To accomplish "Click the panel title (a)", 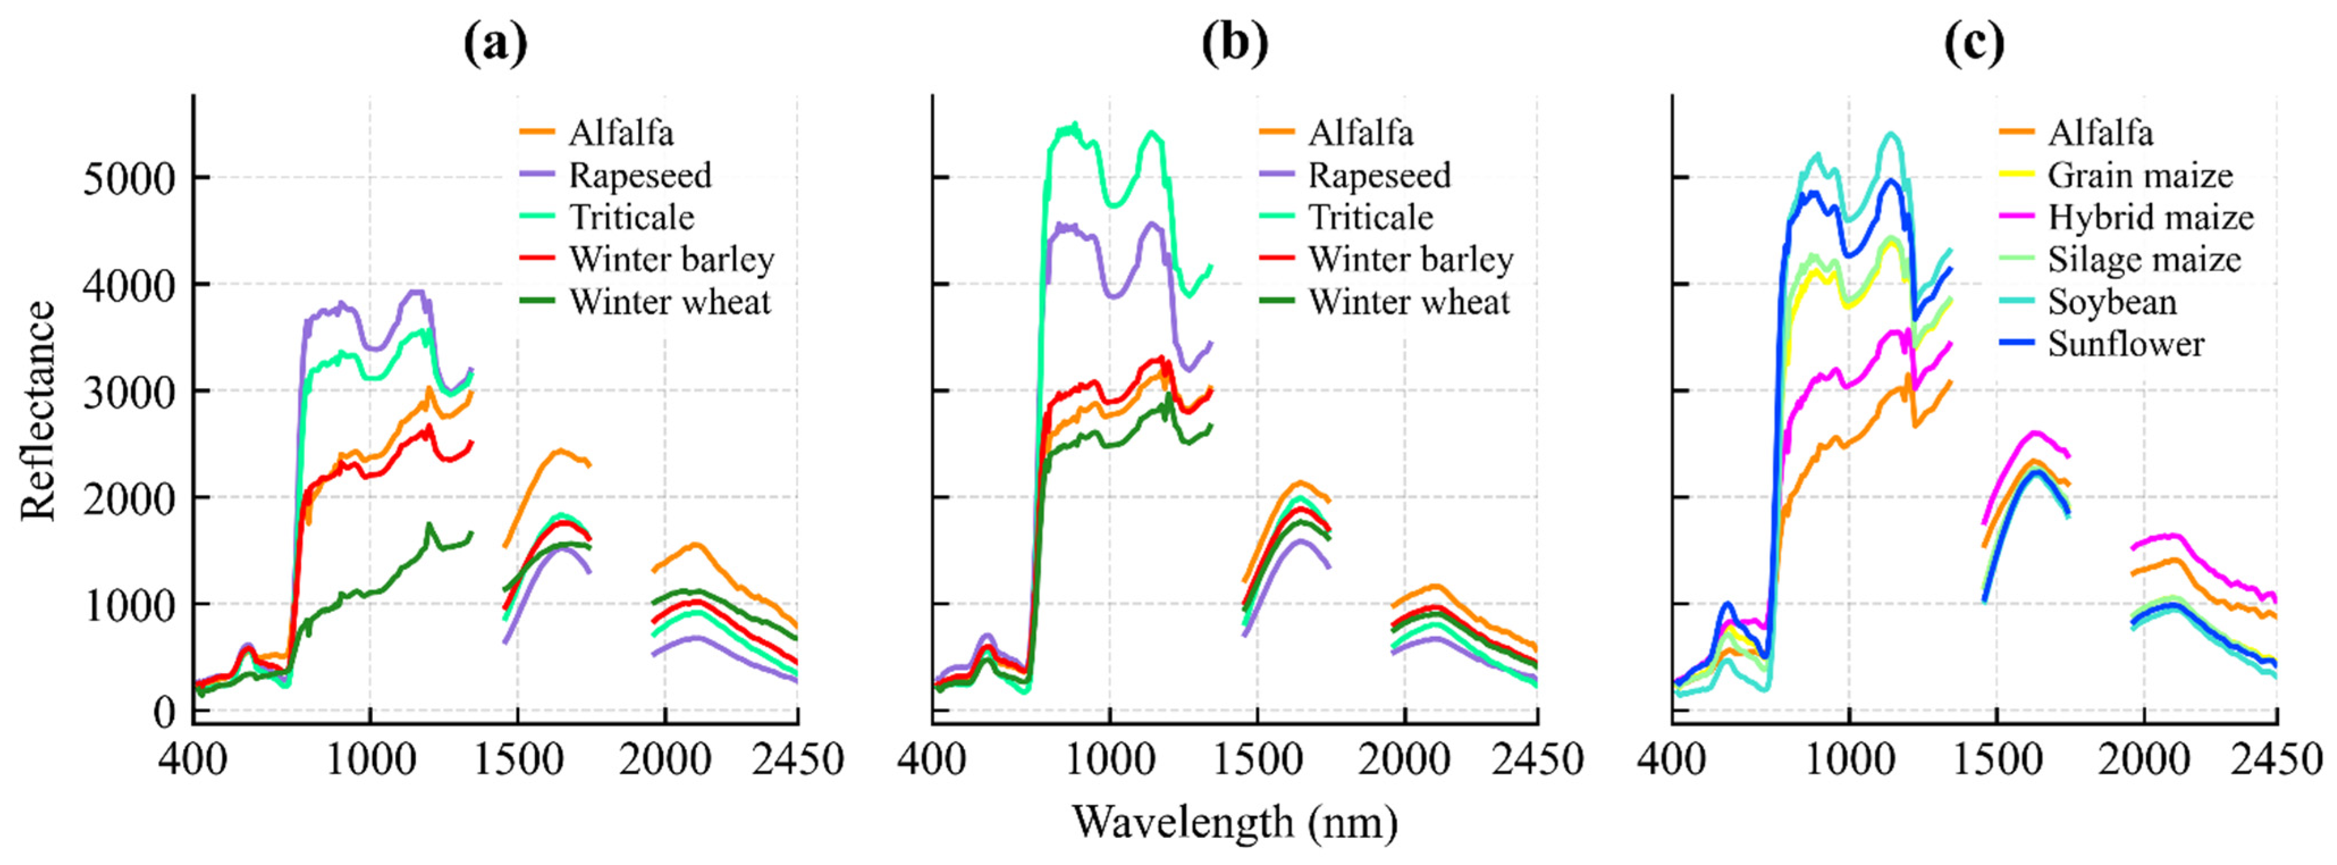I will click(x=495, y=43).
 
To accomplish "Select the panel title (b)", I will click(x=1235, y=43).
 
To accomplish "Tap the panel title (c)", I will click(x=1974, y=43).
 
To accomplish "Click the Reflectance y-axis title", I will click(x=38, y=411).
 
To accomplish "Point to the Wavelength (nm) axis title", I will click(x=1235, y=823).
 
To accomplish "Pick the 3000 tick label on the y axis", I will click(x=128, y=391).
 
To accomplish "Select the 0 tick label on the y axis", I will click(x=163, y=711).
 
